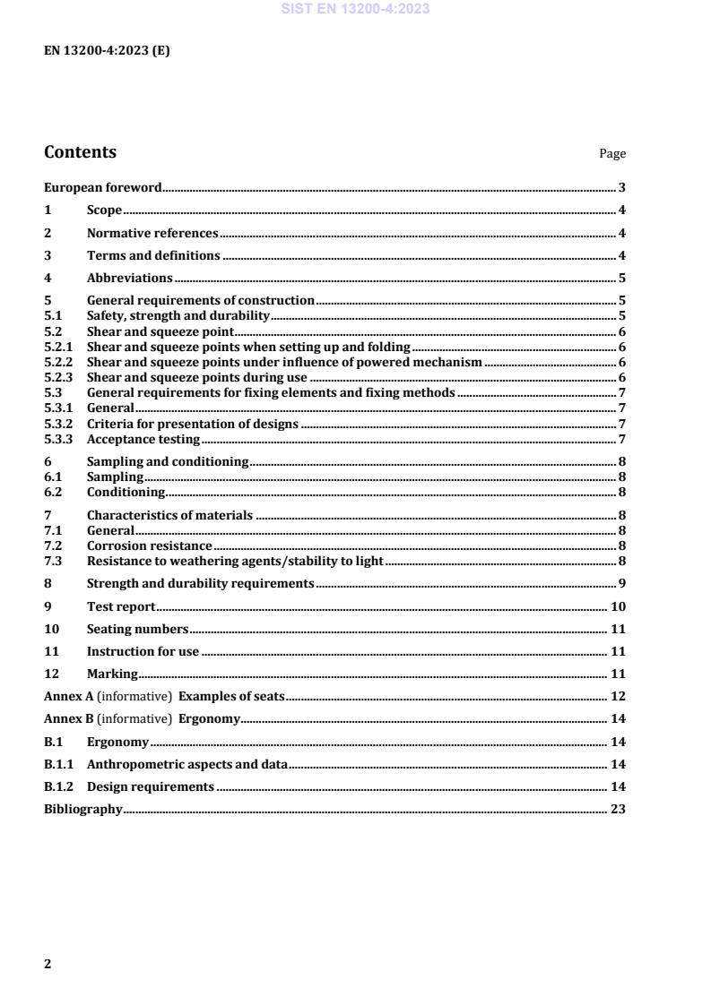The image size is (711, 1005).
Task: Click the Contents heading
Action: pyautogui.click(x=80, y=152)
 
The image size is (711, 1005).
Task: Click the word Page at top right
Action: pyautogui.click(x=612, y=154)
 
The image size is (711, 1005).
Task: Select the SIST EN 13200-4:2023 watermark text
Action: pyautogui.click(x=355, y=9)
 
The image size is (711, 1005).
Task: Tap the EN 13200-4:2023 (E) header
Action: pyautogui.click(x=107, y=51)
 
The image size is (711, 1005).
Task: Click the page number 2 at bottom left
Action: pyautogui.click(x=48, y=964)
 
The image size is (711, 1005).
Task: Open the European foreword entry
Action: pyautogui.click(x=102, y=188)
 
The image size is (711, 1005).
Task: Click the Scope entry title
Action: pyautogui.click(x=104, y=210)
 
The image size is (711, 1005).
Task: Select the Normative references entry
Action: pyautogui.click(x=152, y=234)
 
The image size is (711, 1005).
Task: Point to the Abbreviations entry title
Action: pyautogui.click(x=129, y=278)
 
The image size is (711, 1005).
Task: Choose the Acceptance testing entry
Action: pyautogui.click(x=143, y=439)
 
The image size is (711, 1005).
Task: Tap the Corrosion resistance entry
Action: pyautogui.click(x=149, y=545)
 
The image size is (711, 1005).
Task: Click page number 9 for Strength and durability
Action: pyautogui.click(x=621, y=584)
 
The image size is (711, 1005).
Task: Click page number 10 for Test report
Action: pyautogui.click(x=618, y=606)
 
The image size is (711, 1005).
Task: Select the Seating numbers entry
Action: pyautogui.click(x=137, y=629)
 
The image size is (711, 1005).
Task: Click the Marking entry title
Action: pyautogui.click(x=112, y=674)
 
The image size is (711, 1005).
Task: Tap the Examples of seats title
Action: pyautogui.click(x=231, y=696)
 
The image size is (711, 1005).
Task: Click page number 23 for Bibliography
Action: pyautogui.click(x=618, y=809)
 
